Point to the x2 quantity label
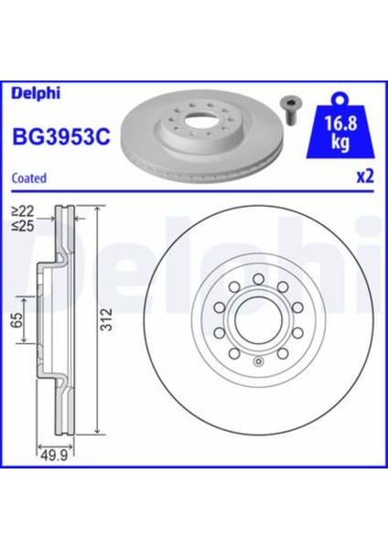[x=366, y=178]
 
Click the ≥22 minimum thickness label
[x=23, y=210]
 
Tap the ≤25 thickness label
[x=23, y=224]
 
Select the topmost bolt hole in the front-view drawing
[x=257, y=277]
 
